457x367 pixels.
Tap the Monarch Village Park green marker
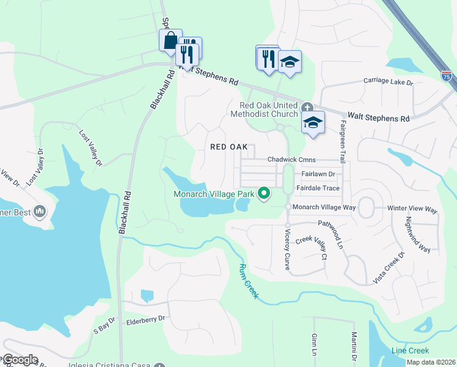point(264,194)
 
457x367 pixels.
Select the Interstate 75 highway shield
point(447,76)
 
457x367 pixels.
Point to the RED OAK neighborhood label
point(228,147)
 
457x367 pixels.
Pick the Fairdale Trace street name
point(318,188)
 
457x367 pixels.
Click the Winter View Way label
point(412,209)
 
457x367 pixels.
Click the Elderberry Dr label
point(145,319)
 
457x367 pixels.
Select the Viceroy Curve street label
point(287,249)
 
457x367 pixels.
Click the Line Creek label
point(410,350)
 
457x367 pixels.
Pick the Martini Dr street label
point(354,346)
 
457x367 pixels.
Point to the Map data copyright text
point(431,362)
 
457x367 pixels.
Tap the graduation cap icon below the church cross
point(312,122)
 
